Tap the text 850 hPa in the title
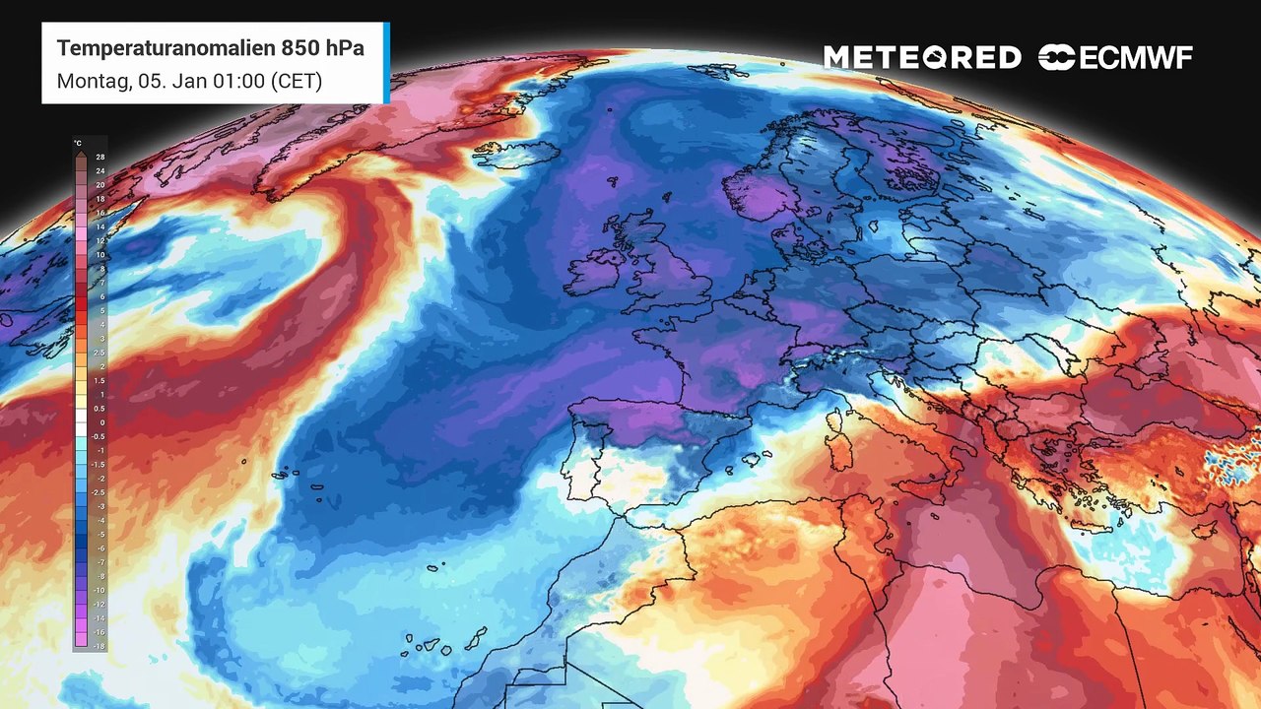click(325, 48)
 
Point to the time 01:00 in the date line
click(239, 81)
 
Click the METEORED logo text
click(922, 58)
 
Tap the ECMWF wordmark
click(1136, 58)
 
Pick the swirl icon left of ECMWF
click(1056, 58)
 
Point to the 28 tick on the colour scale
click(100, 157)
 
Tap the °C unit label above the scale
click(78, 144)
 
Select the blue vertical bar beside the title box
click(386, 63)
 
